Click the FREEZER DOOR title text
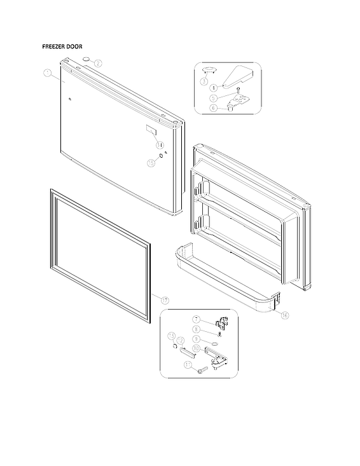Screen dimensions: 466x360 (x=62, y=47)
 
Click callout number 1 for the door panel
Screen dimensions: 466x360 (x=48, y=74)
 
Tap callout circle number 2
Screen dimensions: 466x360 (x=97, y=63)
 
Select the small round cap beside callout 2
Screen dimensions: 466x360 (x=84, y=60)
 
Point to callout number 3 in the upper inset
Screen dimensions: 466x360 (x=204, y=81)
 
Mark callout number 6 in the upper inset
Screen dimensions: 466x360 (x=214, y=109)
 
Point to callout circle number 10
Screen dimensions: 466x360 (x=197, y=349)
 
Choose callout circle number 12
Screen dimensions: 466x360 (x=180, y=341)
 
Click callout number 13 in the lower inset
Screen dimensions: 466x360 (x=171, y=336)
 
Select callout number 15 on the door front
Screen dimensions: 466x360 (x=151, y=163)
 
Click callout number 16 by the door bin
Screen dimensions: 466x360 (x=284, y=315)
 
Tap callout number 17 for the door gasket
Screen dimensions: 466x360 (x=164, y=299)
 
